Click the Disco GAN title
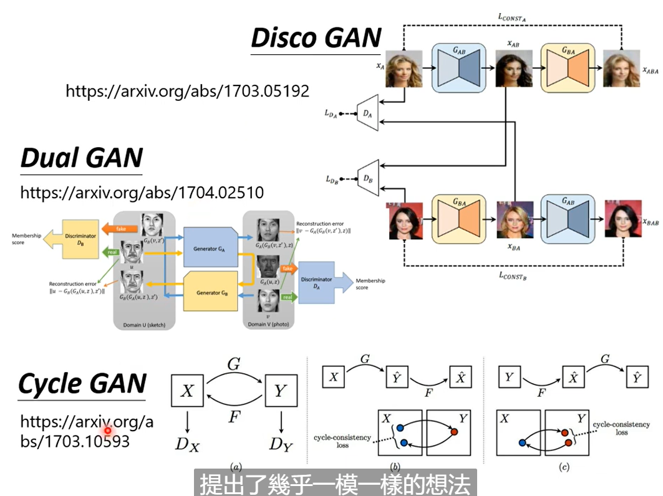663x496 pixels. (x=316, y=38)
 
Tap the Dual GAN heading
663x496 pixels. (x=82, y=158)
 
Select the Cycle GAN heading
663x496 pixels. (x=82, y=383)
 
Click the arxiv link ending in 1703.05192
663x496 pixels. (x=187, y=91)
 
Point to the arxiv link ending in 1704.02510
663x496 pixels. (x=142, y=192)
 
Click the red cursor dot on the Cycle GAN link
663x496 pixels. (x=108, y=429)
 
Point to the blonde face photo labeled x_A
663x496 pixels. (x=404, y=69)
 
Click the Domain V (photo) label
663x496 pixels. (x=266, y=325)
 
